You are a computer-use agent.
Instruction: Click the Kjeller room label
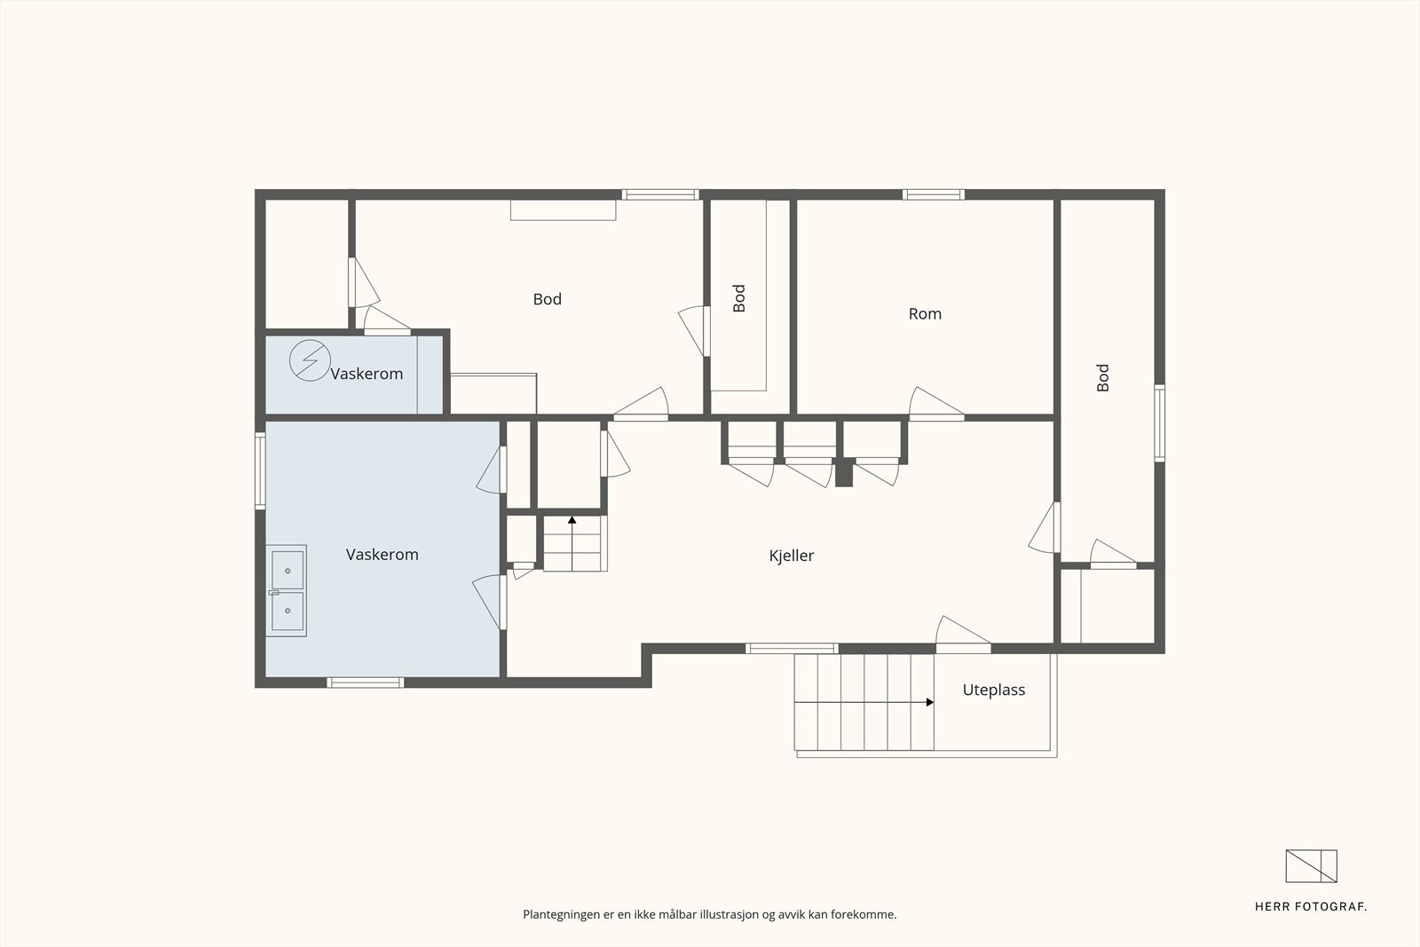(791, 556)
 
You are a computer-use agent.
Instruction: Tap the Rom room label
(925, 314)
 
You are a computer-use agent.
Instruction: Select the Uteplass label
(993, 691)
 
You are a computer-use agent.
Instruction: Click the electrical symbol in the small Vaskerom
(310, 360)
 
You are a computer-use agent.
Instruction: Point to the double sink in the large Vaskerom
(287, 591)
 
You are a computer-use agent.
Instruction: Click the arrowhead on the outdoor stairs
(930, 702)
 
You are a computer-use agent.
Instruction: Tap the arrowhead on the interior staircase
(572, 520)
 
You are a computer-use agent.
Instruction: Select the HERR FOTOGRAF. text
(1310, 907)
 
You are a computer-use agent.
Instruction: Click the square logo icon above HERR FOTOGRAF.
(1311, 866)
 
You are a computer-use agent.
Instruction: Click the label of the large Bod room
(547, 299)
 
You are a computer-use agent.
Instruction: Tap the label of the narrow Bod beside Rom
(739, 298)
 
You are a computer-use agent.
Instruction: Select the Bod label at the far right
(1103, 378)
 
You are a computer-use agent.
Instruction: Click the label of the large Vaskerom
(383, 555)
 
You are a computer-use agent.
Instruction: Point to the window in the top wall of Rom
(934, 194)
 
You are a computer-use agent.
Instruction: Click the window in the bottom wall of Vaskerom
(365, 683)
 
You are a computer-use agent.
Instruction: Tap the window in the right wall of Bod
(1159, 422)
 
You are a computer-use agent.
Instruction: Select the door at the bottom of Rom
(936, 404)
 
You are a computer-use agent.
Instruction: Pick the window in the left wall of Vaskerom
(260, 471)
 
